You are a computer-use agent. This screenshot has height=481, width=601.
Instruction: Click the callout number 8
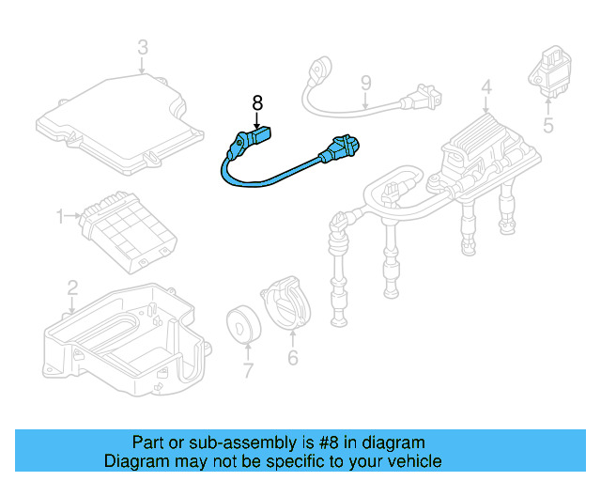click(257, 101)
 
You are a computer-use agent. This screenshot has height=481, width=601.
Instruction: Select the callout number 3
click(142, 46)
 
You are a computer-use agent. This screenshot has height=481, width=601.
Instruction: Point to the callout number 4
click(485, 89)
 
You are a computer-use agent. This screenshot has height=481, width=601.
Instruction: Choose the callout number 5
click(547, 124)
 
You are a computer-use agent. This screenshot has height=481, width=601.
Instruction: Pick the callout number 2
click(72, 288)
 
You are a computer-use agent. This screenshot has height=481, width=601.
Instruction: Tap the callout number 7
click(248, 371)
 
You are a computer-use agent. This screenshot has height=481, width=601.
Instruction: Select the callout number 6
click(292, 358)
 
